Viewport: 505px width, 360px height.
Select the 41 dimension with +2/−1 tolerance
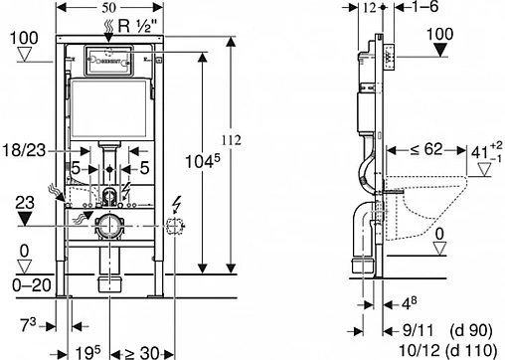pos(481,152)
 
